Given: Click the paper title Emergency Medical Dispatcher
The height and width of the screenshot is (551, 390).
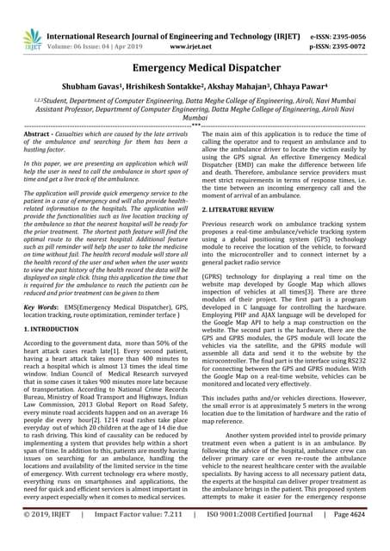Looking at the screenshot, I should click(195, 67).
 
